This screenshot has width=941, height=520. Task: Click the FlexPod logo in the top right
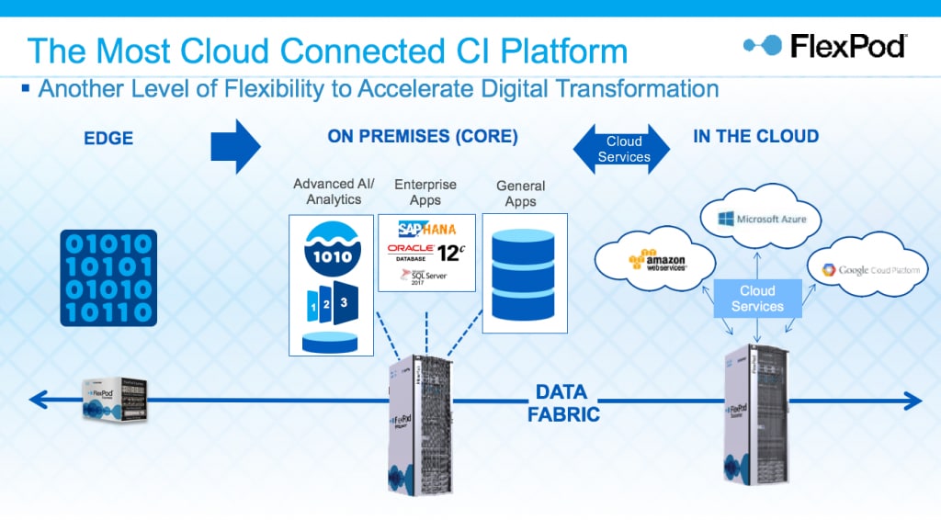824,45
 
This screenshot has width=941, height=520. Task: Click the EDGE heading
108,139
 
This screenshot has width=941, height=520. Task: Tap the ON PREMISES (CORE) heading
423,137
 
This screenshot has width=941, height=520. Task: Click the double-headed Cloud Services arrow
623,149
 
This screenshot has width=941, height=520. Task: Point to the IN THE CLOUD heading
755,137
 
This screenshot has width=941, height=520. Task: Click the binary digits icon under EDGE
108,278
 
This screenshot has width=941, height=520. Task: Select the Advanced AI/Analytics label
327,191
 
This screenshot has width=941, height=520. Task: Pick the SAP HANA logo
426,229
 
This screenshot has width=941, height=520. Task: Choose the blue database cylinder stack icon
523,273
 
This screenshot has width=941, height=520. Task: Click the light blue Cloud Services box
757,299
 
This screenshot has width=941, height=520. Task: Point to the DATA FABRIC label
563,403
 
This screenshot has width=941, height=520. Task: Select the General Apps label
520,194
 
